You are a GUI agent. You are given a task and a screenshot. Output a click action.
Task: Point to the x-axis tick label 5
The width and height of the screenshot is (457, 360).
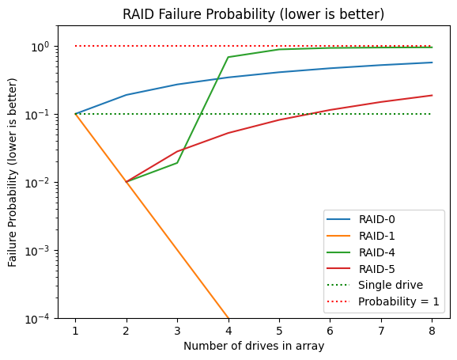279,332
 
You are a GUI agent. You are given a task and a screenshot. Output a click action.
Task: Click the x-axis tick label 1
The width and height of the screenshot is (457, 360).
75,332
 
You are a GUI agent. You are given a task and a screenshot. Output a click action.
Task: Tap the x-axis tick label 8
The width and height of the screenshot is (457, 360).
432,332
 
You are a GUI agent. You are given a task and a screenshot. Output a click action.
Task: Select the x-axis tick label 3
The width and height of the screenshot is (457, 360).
177,332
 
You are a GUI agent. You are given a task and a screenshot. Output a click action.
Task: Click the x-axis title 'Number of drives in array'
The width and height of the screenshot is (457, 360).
254,347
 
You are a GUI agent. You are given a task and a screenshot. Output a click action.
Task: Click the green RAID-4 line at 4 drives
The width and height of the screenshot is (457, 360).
228,57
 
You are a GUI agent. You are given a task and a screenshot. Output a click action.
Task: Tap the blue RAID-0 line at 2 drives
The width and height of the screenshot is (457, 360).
127,95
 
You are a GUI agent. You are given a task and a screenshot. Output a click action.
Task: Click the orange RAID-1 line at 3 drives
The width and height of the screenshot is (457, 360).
177,250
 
